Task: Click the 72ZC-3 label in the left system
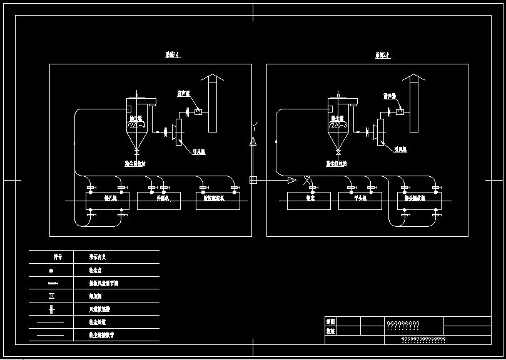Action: [136, 125]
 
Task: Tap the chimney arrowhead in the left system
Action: [211, 77]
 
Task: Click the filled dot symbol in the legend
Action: [51, 271]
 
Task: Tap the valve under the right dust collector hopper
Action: [338, 152]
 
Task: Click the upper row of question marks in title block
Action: [403, 324]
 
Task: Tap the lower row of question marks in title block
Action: [423, 340]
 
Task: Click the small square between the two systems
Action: [253, 181]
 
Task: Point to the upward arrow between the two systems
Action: [253, 143]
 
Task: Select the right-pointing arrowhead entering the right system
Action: [291, 181]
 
